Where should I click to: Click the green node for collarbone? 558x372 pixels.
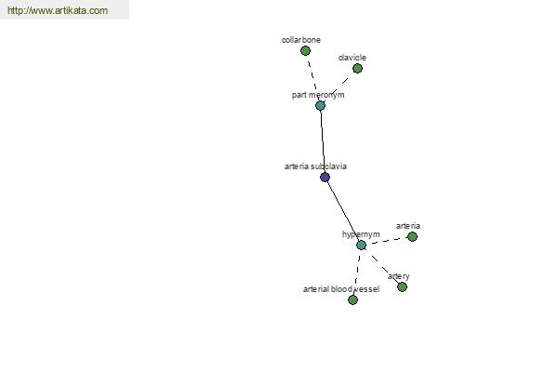(x=305, y=51)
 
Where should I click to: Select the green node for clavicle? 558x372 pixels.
(x=357, y=68)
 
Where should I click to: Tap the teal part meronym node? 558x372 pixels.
(x=320, y=106)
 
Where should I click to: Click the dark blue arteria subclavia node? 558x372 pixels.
(x=325, y=178)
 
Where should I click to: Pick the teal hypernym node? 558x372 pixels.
(x=361, y=246)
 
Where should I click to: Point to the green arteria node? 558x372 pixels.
(x=412, y=237)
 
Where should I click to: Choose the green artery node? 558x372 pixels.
(x=402, y=287)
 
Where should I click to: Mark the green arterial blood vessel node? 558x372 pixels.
(x=352, y=299)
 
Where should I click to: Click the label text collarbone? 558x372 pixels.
(x=301, y=40)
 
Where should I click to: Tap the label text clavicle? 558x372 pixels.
(x=352, y=58)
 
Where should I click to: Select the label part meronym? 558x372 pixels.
(x=318, y=95)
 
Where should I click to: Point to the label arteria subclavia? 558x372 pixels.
(x=315, y=166)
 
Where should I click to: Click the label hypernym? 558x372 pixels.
(x=361, y=234)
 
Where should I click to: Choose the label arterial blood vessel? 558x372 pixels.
(x=341, y=289)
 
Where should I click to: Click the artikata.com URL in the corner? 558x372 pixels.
(x=58, y=10)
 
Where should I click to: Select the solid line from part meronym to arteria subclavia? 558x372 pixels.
(x=323, y=141)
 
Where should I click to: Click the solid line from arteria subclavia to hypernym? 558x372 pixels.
(x=342, y=211)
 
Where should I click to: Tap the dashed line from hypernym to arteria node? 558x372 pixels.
(x=387, y=241)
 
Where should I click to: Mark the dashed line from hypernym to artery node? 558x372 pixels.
(x=385, y=269)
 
